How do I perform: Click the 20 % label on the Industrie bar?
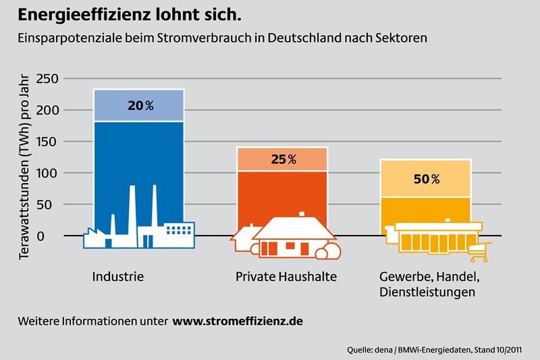[140, 106]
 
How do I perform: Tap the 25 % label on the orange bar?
[283, 159]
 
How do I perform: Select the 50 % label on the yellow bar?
[426, 179]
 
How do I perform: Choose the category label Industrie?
[118, 277]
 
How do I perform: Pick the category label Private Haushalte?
[286, 277]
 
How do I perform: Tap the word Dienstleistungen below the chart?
[427, 292]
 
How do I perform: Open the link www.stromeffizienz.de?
[238, 322]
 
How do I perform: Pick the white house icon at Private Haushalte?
[293, 236]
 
